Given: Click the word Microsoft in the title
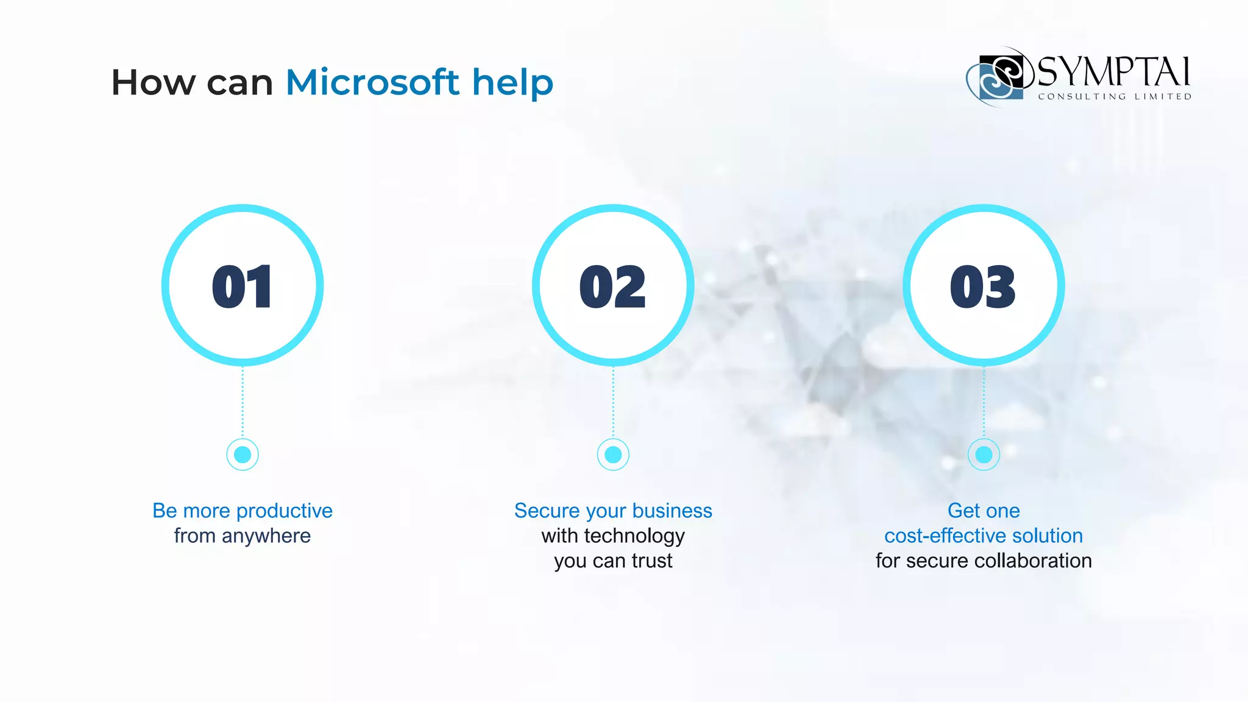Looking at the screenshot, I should point(372,82).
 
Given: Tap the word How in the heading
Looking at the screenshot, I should point(153,82).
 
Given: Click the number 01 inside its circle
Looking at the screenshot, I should point(243,286).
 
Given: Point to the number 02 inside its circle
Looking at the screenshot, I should point(613,286).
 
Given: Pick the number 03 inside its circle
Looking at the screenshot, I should point(983,286).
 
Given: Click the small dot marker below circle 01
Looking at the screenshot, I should point(243,455).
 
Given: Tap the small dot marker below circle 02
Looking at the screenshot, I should point(613,455).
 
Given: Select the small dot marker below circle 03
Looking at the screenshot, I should point(984,455).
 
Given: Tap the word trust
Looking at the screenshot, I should point(652,561).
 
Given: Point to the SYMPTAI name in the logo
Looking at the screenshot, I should point(1113,72).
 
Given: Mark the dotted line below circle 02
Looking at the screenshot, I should point(613,402).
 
